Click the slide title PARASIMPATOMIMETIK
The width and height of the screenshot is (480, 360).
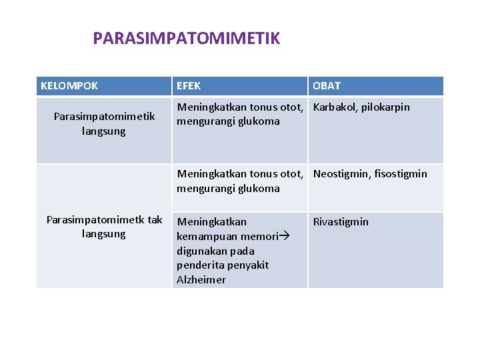tap(186, 39)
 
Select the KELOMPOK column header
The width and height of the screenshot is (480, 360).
tap(69, 86)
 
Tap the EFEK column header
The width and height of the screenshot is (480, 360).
tap(189, 86)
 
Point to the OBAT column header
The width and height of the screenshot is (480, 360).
tap(327, 86)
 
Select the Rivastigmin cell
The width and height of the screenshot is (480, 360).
tap(341, 222)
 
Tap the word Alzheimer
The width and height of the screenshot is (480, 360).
tap(201, 280)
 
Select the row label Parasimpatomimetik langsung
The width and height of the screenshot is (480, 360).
tap(104, 124)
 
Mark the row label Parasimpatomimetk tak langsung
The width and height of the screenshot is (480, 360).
tap(104, 227)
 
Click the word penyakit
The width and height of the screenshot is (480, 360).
tap(247, 265)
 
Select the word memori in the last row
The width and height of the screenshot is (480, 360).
tap(260, 237)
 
